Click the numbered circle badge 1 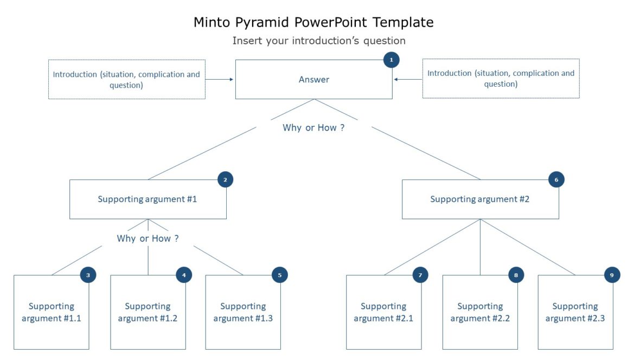click(x=391, y=60)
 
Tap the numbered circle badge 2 click(x=225, y=179)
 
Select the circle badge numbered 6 click(x=556, y=179)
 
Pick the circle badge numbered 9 click(x=612, y=275)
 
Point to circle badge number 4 click(x=184, y=275)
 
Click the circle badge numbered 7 click(x=420, y=275)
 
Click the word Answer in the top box click(x=313, y=80)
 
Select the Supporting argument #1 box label click(x=148, y=199)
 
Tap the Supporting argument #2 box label click(x=479, y=199)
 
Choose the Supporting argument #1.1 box click(x=52, y=312)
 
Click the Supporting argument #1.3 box click(x=243, y=312)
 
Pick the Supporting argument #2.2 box click(x=480, y=312)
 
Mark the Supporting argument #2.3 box click(x=575, y=312)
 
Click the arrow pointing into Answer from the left click(x=220, y=80)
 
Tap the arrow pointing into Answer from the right click(x=407, y=80)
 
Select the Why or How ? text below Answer click(x=313, y=128)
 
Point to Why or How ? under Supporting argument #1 click(x=148, y=239)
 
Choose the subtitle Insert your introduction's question click(x=319, y=41)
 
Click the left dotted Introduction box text click(x=126, y=80)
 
